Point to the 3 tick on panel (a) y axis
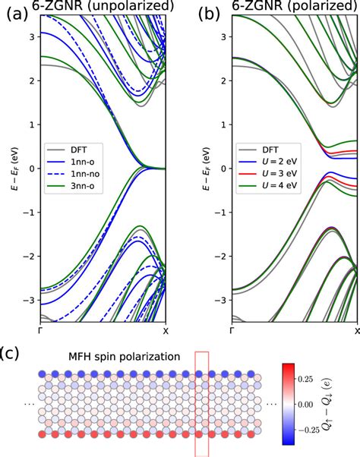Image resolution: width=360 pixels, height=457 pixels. coord(30,37)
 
